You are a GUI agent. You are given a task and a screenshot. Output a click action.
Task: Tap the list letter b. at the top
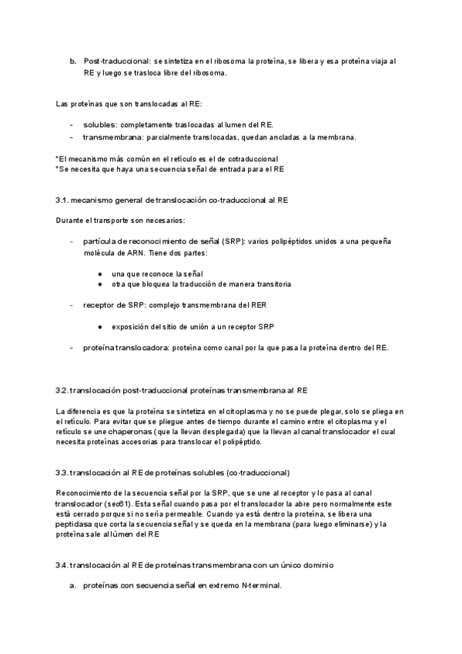pos(73,60)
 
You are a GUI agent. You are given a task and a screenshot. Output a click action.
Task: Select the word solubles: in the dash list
pos(100,124)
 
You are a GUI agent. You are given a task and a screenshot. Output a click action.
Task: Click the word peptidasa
pos(76,524)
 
